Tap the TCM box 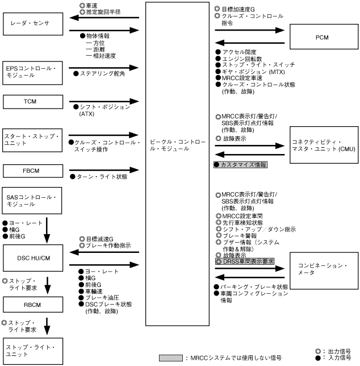(33, 101)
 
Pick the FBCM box (33, 170)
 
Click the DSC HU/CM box (33, 259)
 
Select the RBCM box (33, 306)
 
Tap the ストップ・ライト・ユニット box (33, 350)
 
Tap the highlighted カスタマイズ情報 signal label (240, 164)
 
